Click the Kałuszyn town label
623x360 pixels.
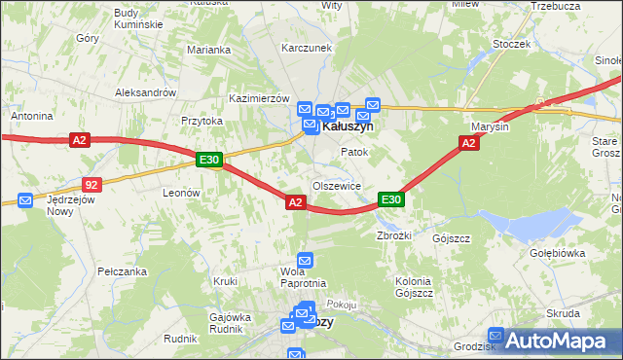348,126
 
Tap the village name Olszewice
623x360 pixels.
337,185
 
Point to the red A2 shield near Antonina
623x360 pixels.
81,141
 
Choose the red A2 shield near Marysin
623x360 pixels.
468,143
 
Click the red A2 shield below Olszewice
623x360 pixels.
297,201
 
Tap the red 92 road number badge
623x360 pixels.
92,183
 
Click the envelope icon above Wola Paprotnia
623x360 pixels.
305,260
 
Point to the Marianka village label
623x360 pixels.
209,50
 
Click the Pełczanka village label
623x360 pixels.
122,271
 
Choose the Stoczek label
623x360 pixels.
511,44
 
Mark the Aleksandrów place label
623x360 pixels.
144,92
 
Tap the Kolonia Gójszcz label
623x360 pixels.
414,287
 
